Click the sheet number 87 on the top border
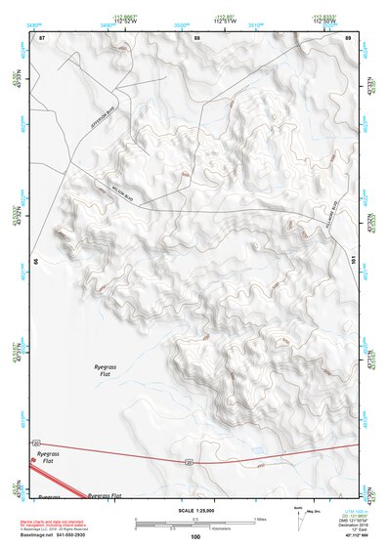point(42,38)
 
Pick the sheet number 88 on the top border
point(196,38)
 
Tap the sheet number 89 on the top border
point(348,38)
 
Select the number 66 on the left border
point(34,262)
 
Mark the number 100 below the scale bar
point(195,536)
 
